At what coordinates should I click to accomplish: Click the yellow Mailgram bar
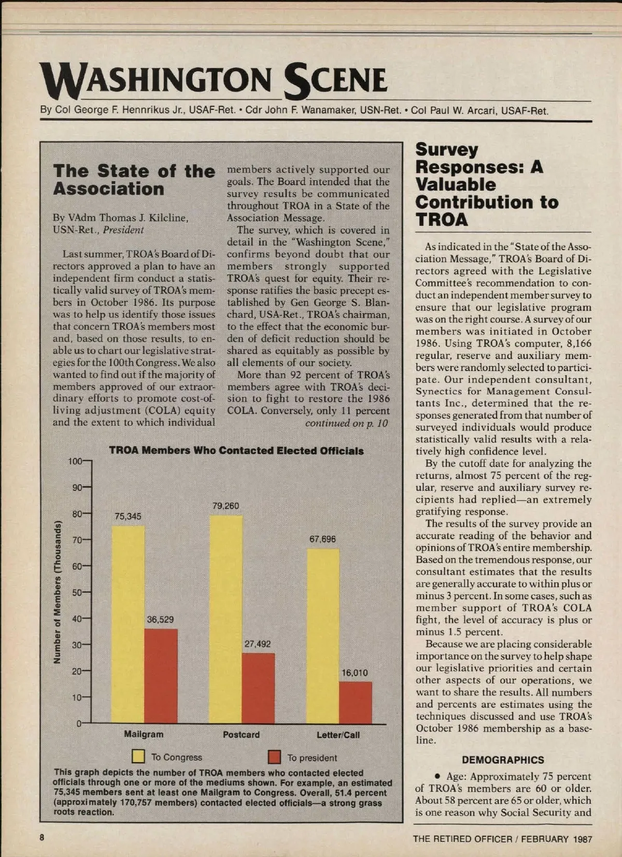pos(128,624)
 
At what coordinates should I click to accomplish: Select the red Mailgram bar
pos(161,676)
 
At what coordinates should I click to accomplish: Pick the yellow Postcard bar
pos(225,619)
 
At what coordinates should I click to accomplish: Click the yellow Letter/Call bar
pos(323,636)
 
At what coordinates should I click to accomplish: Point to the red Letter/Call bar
pos(356,703)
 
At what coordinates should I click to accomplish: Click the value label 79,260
pos(225,506)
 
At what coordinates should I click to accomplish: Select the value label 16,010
pos(355,673)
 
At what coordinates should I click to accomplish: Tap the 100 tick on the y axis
pos(76,461)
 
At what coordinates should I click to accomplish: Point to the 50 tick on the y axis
pos(77,592)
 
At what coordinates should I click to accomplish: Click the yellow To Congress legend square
pos(138,757)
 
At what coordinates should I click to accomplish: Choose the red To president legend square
pos(274,757)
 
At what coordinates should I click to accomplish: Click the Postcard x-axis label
pos(241,735)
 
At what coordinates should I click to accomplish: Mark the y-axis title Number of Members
pos(58,592)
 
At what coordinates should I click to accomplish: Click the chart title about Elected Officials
pos(236,450)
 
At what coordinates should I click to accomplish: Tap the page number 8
pos(42,838)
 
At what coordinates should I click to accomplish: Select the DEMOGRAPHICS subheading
pos(503,760)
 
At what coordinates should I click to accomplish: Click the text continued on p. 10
pos(346,423)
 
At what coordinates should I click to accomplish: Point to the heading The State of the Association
pos(134,180)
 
